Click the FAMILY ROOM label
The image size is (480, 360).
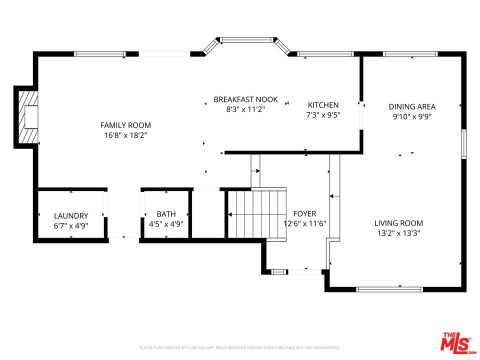pyautogui.click(x=125, y=125)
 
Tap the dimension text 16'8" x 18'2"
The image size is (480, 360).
pyautogui.click(x=125, y=135)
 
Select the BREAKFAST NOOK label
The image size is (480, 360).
pyautogui.click(x=245, y=99)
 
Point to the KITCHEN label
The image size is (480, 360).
pyautogui.click(x=323, y=105)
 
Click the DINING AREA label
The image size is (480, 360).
pyautogui.click(x=412, y=106)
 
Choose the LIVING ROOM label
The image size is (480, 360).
pyautogui.click(x=398, y=223)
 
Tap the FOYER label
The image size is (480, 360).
pyautogui.click(x=304, y=213)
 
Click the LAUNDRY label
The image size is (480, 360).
pyautogui.click(x=71, y=216)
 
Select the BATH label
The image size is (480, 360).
pyautogui.click(x=166, y=214)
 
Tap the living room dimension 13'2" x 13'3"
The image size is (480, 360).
pyautogui.click(x=398, y=233)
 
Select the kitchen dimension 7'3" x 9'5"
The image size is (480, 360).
pyautogui.click(x=323, y=115)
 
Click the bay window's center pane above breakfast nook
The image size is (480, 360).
pyautogui.click(x=247, y=39)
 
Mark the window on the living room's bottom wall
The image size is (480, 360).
pyautogui.click(x=389, y=289)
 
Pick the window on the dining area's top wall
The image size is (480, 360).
pyautogui.click(x=410, y=54)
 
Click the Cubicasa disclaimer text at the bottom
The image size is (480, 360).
pyautogui.click(x=239, y=347)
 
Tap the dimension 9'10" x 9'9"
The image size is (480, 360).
pyautogui.click(x=412, y=116)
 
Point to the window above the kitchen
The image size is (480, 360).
pyautogui.click(x=325, y=54)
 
